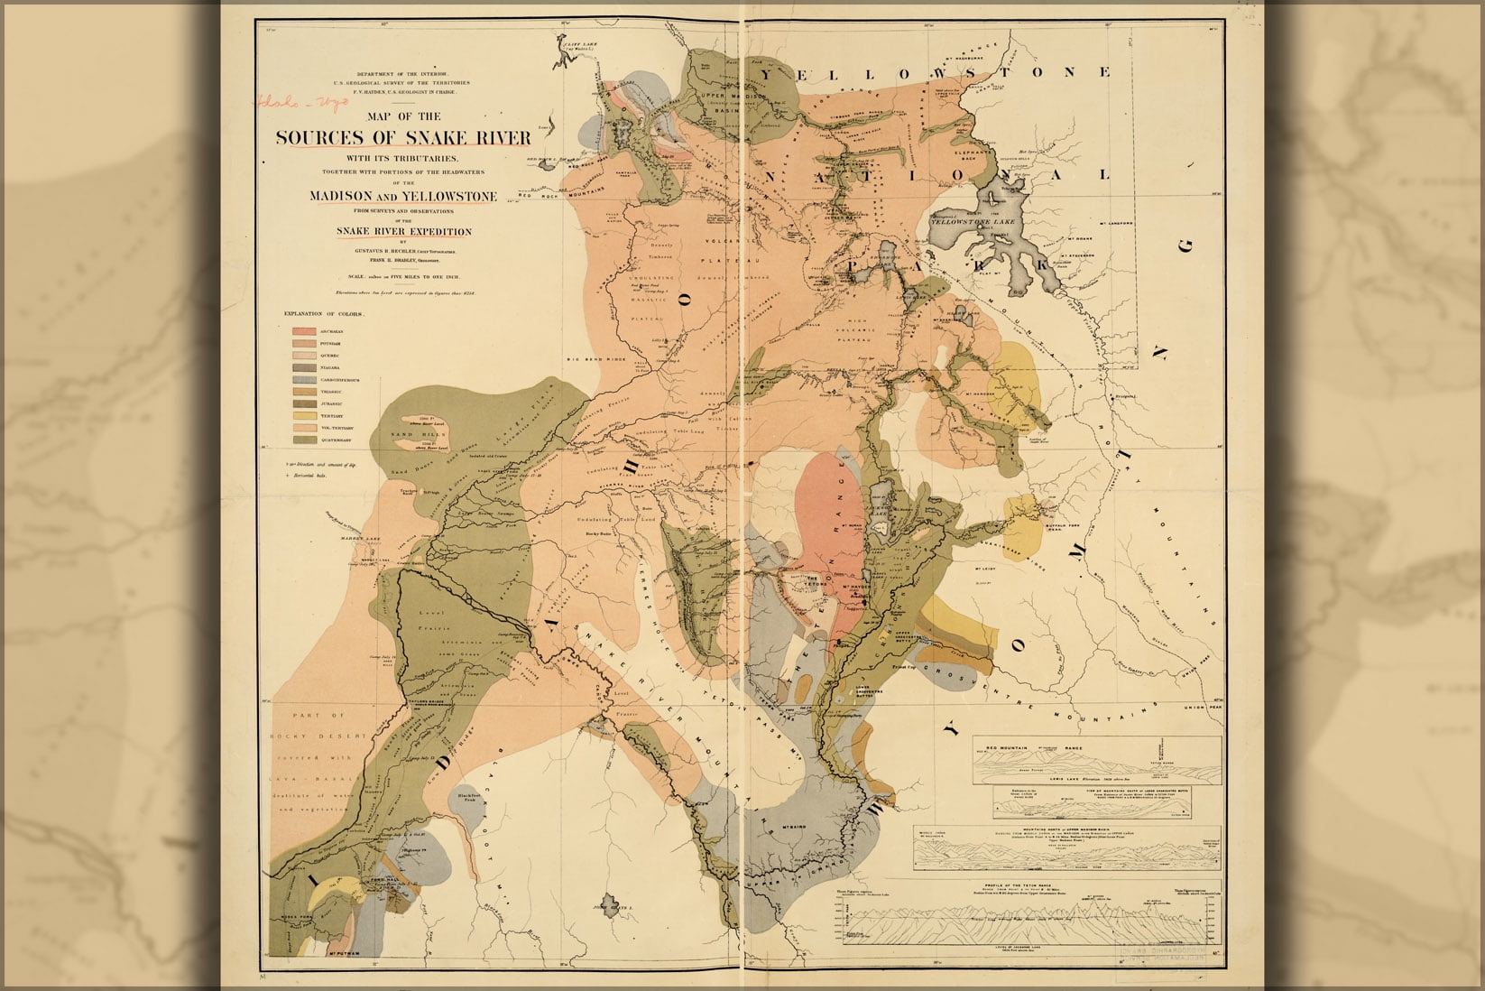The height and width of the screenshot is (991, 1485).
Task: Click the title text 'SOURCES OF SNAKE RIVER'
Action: click(x=402, y=137)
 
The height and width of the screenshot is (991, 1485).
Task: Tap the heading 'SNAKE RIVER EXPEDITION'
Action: click(x=403, y=231)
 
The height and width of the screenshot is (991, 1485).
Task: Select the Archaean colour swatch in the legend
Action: click(x=304, y=331)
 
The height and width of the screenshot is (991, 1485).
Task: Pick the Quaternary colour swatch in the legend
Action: click(x=304, y=439)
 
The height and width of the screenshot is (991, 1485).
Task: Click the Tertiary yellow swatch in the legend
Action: click(x=304, y=414)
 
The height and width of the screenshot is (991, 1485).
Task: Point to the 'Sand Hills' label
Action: click(x=408, y=434)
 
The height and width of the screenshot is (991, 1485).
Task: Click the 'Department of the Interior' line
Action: click(x=402, y=74)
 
